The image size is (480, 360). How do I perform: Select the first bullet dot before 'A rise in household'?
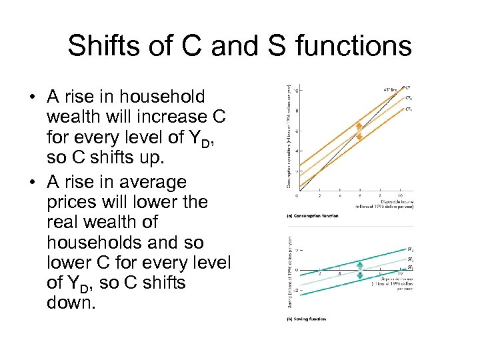(x=31, y=97)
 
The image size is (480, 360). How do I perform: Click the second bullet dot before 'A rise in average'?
(x=31, y=183)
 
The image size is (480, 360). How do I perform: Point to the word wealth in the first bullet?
(x=71, y=117)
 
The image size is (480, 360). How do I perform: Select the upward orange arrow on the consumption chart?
(x=359, y=125)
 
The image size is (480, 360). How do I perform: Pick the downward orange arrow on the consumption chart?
(x=359, y=136)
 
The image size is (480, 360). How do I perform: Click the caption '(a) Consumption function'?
(x=312, y=215)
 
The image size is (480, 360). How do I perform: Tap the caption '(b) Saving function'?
(x=307, y=319)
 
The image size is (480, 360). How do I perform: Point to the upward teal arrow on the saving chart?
(x=360, y=264)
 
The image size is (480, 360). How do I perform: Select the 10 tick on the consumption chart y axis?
(x=297, y=90)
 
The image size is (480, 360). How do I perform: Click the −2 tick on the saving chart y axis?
(x=295, y=291)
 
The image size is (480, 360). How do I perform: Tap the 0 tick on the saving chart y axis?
(x=297, y=270)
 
